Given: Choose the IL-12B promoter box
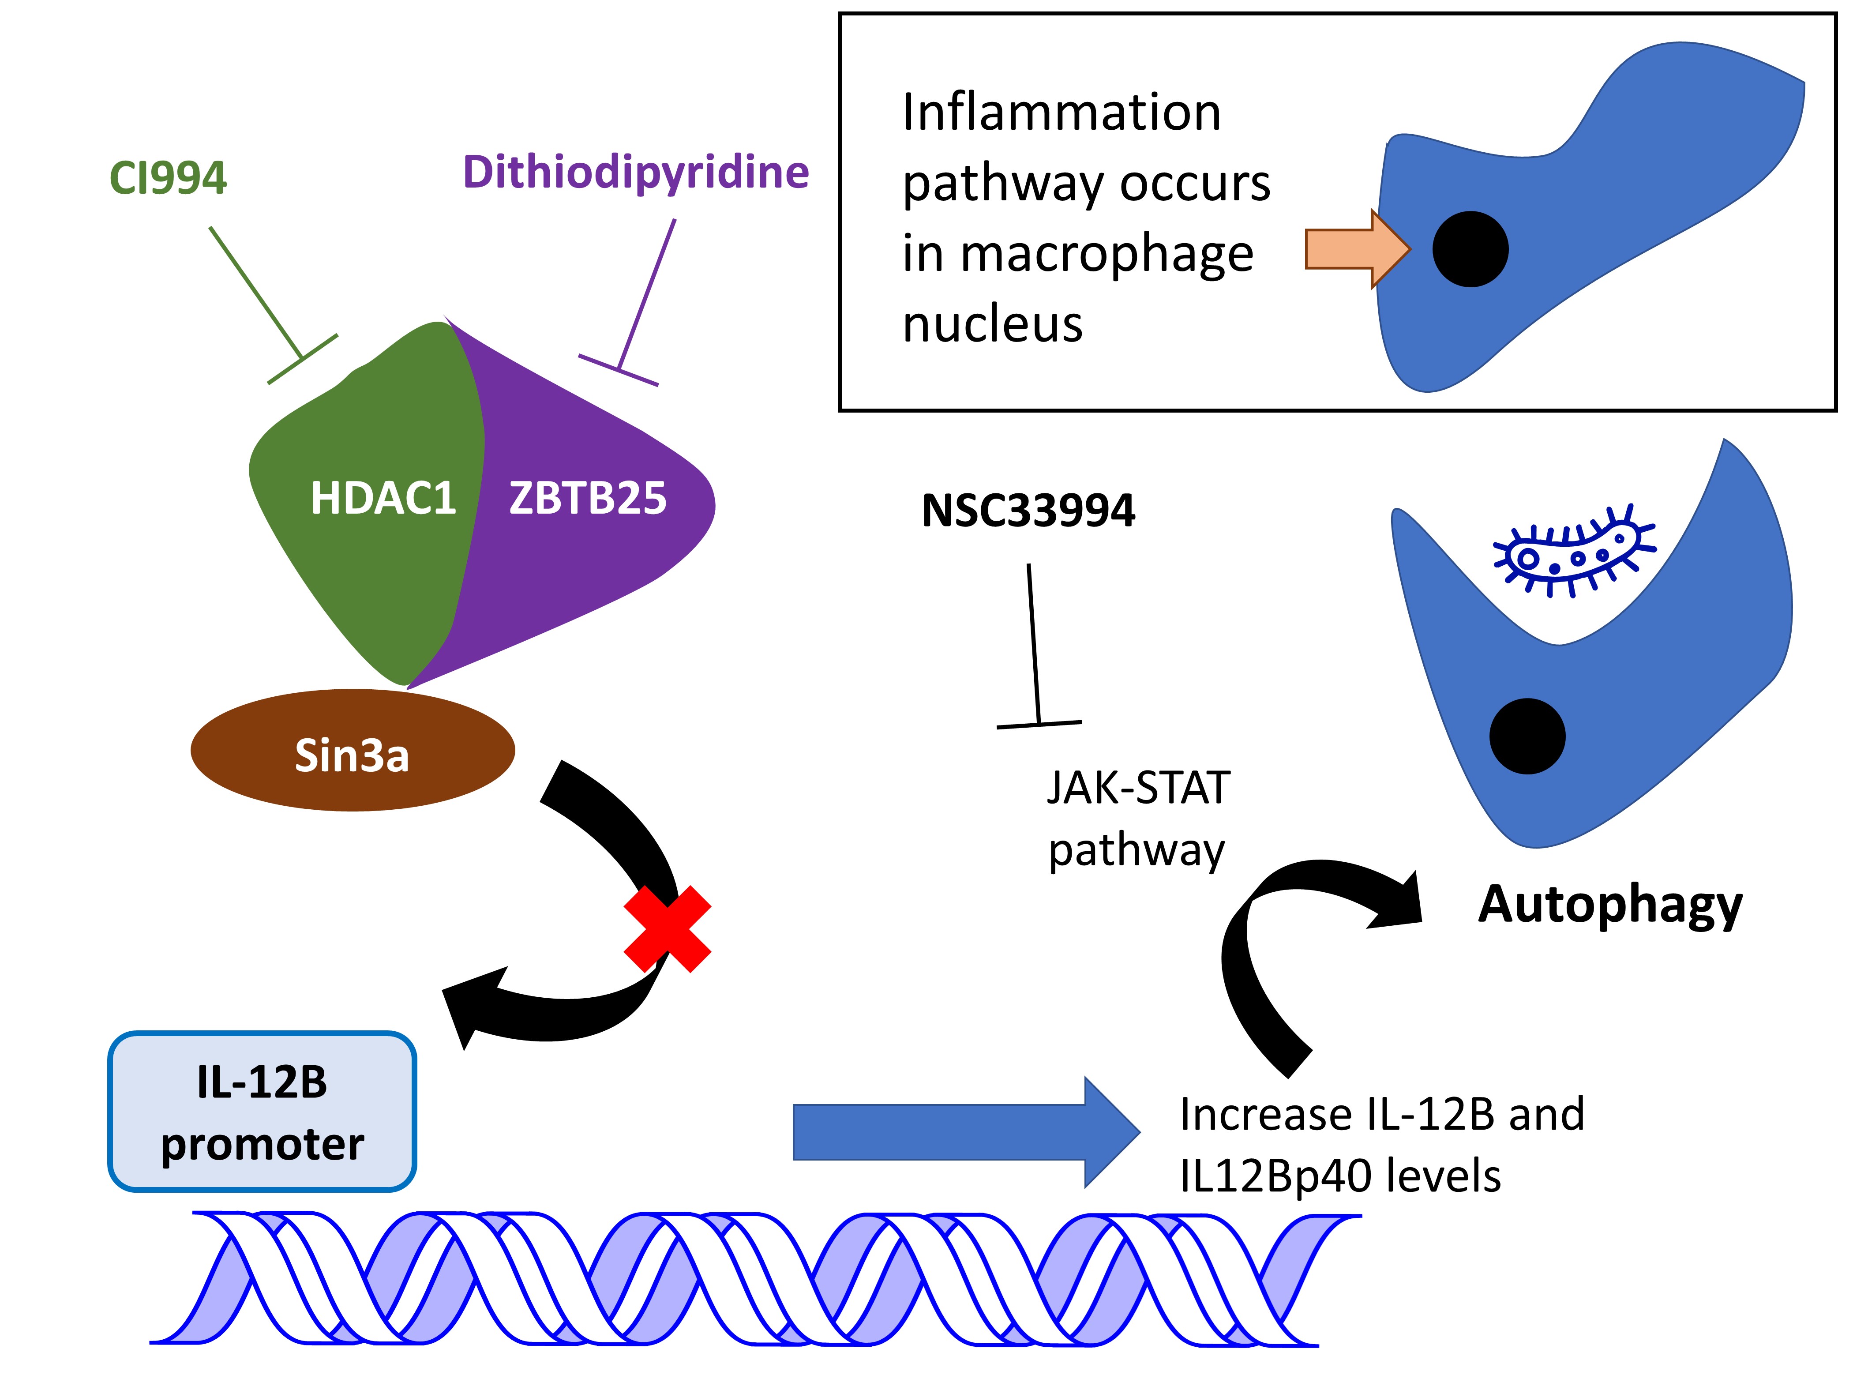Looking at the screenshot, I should [x=262, y=1112].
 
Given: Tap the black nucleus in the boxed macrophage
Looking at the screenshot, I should [x=1470, y=250].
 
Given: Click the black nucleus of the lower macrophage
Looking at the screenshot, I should [x=1527, y=736].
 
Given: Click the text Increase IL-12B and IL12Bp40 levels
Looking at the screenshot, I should [x=1381, y=1145].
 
